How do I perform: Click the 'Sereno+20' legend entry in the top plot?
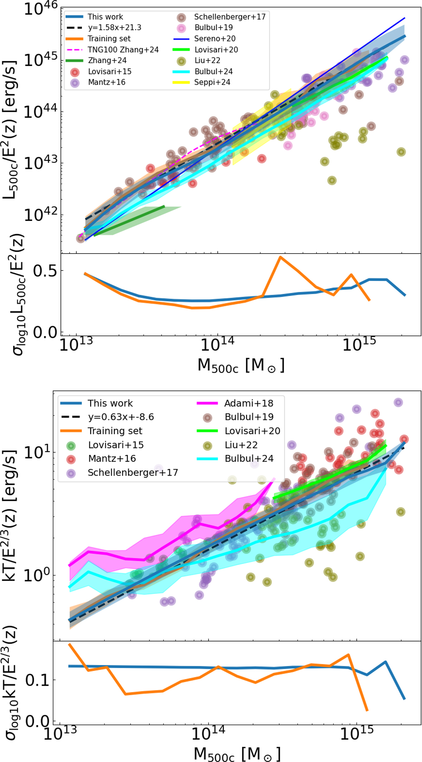[215, 39]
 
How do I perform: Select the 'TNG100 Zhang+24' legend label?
[123, 50]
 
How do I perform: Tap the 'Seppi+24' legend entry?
[212, 82]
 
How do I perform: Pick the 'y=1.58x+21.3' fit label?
[114, 27]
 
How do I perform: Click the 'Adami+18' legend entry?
[249, 403]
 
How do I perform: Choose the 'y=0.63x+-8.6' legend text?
[121, 417]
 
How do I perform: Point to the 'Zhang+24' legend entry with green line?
[107, 60]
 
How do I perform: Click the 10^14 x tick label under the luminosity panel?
[217, 345]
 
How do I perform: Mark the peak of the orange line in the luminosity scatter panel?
[280, 257]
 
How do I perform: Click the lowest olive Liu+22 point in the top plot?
[332, 181]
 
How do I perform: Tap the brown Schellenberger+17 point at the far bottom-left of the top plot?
[81, 238]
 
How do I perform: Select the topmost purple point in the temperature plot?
[398, 402]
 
